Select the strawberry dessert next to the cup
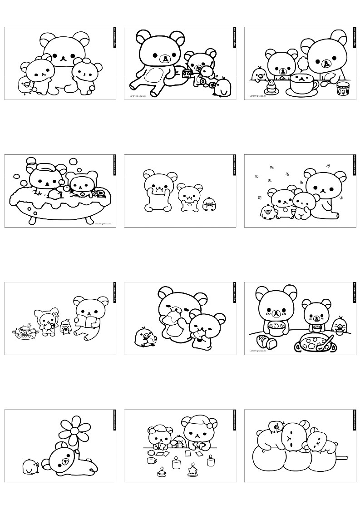coord(271,86)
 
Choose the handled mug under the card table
coord(152,460)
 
